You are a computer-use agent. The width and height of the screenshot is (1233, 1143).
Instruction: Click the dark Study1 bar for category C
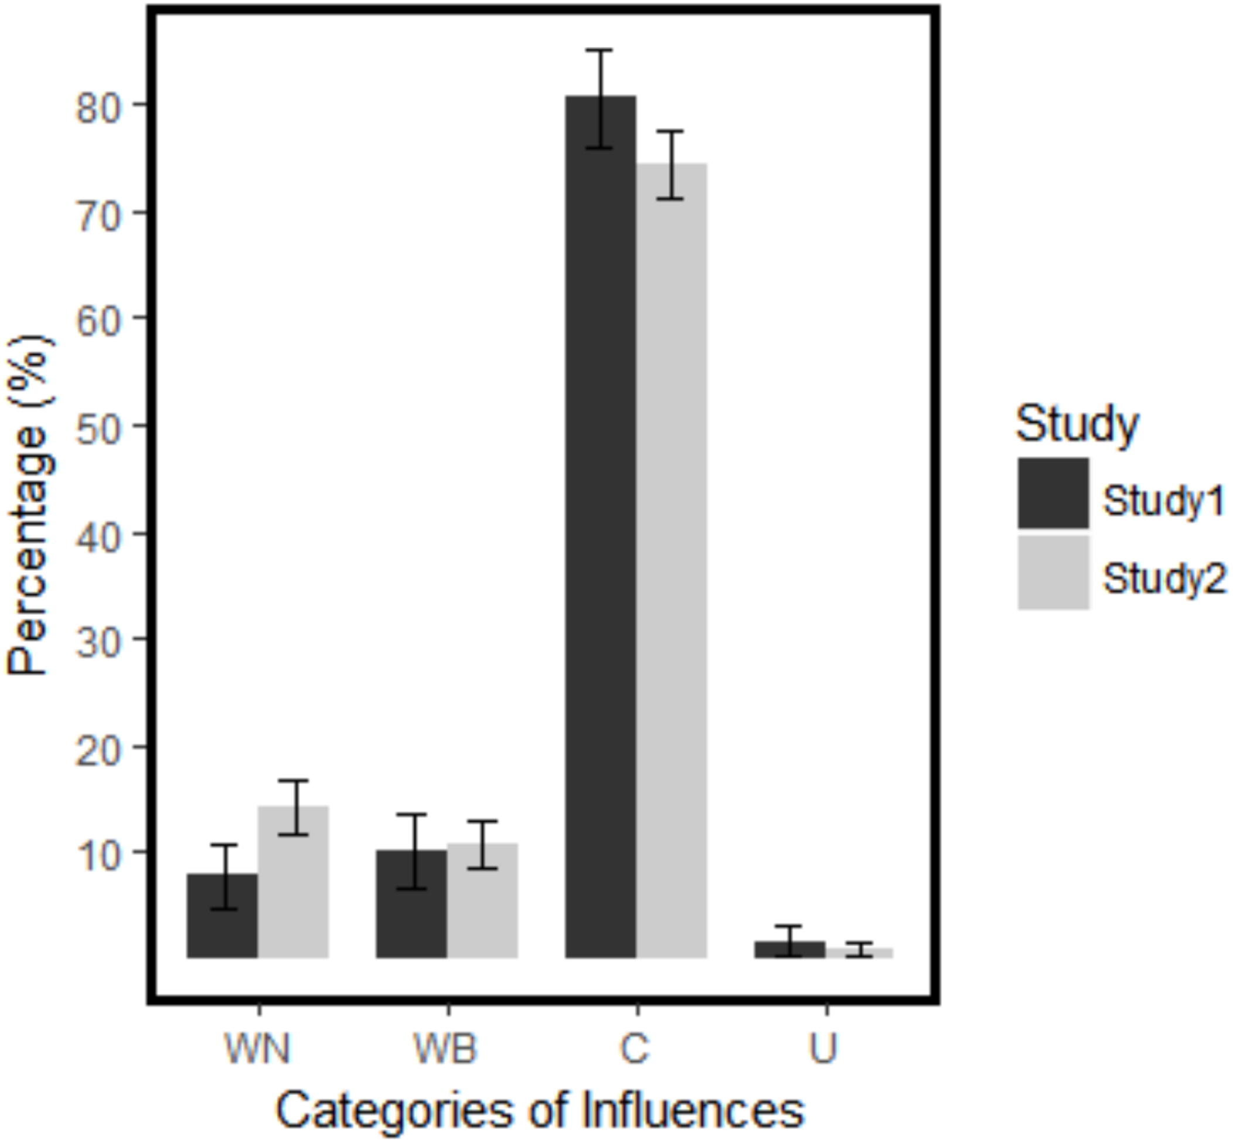(x=600, y=526)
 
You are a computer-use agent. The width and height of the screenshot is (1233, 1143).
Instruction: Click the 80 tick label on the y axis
(x=97, y=111)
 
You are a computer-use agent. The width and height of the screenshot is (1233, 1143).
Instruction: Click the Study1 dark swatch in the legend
(x=1053, y=493)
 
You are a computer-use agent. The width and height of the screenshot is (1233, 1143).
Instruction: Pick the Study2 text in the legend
(x=1163, y=579)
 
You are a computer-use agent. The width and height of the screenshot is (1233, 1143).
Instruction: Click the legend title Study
(x=1077, y=424)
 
